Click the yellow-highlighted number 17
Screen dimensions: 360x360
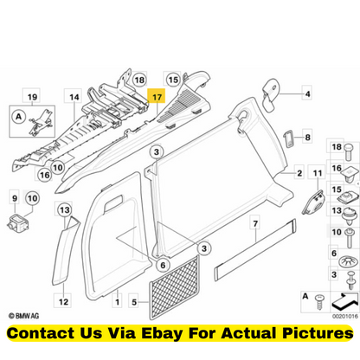157,96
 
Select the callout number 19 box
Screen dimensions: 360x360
32,97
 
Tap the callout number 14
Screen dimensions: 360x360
74,97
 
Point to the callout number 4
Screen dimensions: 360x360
307,93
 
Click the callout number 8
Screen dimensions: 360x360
307,138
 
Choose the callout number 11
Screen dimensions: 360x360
318,173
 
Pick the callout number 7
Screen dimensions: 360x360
255,223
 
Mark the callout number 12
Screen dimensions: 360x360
63,302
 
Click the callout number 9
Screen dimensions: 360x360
15,198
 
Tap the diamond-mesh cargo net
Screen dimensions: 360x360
175,287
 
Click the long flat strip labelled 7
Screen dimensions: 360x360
255,249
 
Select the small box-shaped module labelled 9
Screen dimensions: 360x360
18,223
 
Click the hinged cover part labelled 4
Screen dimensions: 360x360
272,93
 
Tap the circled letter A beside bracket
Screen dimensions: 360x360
19,117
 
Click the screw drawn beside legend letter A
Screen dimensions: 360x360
319,302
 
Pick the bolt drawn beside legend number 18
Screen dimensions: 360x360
350,151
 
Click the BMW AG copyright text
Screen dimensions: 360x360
23,316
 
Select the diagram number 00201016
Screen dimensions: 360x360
345,317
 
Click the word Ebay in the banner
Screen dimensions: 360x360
162,333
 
